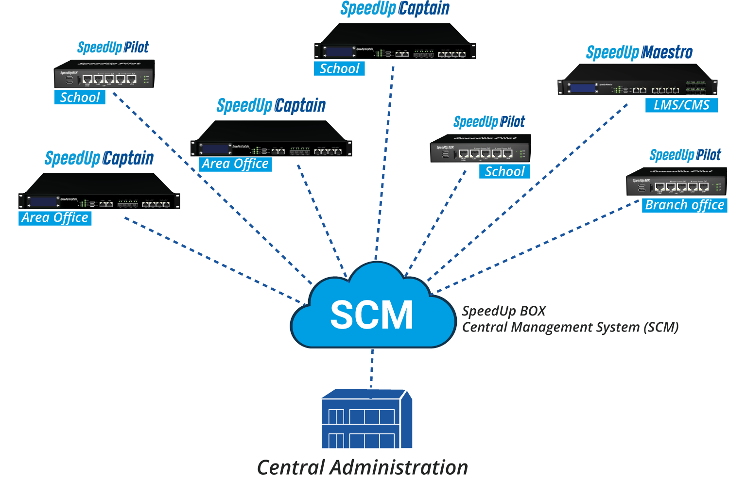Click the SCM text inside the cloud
pos(372,315)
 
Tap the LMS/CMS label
pos(681,105)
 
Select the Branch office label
pos(684,205)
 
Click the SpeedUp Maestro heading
pos(639,52)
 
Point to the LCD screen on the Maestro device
pos(583,88)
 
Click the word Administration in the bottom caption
pos(399,467)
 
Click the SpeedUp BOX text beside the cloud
pos(503,311)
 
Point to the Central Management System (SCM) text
pos(570,328)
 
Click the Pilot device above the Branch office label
pos(676,183)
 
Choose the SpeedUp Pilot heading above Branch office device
pos(685,155)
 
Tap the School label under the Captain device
pos(339,69)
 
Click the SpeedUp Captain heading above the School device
pos(395,9)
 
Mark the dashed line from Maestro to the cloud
pos(525,194)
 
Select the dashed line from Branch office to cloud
pos(535,248)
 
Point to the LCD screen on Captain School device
pos(340,52)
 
